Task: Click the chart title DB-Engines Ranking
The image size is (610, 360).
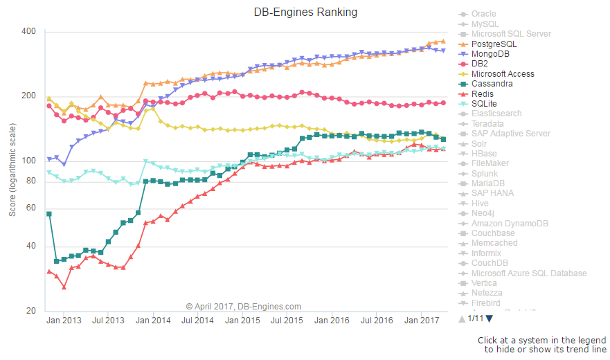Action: point(305,12)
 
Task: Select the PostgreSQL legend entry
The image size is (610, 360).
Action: point(494,44)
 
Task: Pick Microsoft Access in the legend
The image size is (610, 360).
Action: point(502,73)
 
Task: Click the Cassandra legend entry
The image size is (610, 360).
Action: point(492,84)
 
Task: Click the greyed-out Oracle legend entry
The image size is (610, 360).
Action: point(483,14)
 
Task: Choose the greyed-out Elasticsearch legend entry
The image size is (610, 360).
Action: point(496,114)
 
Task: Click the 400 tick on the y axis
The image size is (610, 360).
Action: point(28,32)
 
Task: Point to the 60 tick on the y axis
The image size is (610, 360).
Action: point(31,208)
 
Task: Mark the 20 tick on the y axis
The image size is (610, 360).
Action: point(31,312)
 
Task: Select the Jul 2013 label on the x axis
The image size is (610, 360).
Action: point(108,321)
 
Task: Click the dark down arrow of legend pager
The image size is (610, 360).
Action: point(489,318)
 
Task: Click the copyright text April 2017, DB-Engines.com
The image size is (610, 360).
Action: point(244,306)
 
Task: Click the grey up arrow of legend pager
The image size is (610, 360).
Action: point(462,318)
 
